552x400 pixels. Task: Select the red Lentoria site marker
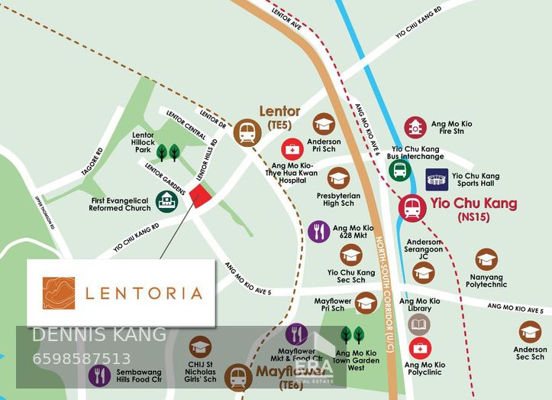(x=201, y=197)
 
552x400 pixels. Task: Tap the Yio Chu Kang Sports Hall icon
(x=437, y=180)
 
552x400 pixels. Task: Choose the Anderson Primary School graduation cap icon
(x=324, y=124)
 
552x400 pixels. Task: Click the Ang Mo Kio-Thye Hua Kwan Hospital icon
(x=292, y=148)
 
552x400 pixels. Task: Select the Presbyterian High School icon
(x=338, y=178)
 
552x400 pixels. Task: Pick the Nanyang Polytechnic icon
(x=486, y=260)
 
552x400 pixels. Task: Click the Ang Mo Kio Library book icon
(x=419, y=324)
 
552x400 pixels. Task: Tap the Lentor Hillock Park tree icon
(x=169, y=151)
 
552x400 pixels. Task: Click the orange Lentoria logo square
(x=59, y=293)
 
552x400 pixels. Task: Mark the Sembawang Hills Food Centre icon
(x=99, y=376)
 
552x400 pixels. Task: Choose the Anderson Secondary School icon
(x=530, y=332)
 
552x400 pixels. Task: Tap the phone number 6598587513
(x=82, y=359)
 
